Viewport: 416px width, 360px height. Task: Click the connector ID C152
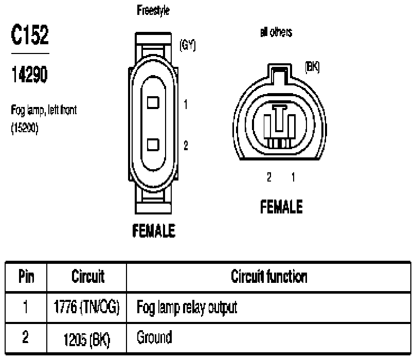tap(30, 34)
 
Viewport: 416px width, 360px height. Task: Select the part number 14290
tap(29, 74)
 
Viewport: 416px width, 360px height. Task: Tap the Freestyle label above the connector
tap(153, 10)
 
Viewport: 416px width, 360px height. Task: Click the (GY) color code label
tap(188, 45)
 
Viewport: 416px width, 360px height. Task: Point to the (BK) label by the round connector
tap(312, 67)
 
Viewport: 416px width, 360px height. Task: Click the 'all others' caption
tap(276, 32)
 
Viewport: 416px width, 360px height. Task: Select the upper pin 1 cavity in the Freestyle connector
tap(153, 102)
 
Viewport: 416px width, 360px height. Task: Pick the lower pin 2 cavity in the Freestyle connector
tap(153, 145)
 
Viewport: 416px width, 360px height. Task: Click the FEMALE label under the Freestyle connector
tap(154, 230)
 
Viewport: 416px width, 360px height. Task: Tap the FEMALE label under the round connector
tap(281, 207)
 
